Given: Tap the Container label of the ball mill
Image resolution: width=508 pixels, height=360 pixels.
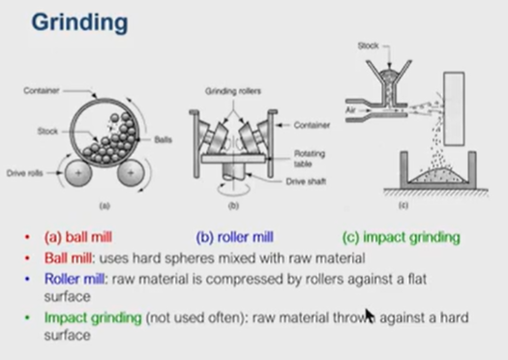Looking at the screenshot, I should click(45, 90).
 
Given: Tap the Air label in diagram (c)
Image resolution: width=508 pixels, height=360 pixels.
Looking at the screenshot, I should click(351, 110).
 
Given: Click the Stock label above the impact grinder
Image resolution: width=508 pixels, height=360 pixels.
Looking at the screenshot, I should click(369, 45).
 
